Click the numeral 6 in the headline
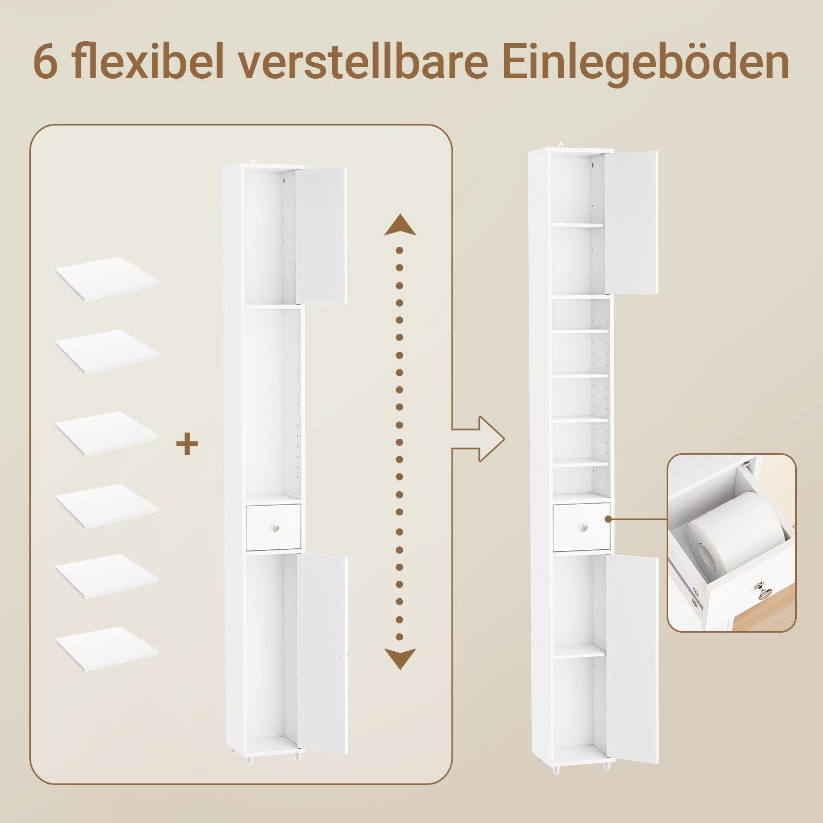point(46,63)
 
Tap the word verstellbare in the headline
point(363,62)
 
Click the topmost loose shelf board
point(107,278)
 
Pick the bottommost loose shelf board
point(107,648)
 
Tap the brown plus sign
point(187,444)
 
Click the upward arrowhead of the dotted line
point(400,225)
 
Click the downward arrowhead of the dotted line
point(400,658)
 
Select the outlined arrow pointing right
point(484,439)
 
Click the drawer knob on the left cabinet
point(276,528)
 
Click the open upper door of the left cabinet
point(321,235)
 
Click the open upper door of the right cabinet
point(632,222)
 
